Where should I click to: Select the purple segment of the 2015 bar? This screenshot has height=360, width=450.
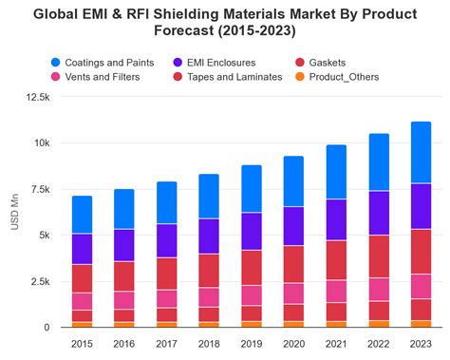pyautogui.click(x=82, y=249)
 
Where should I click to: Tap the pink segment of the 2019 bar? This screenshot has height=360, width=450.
pyautogui.click(x=251, y=295)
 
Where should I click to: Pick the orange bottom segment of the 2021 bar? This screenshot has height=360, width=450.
pyautogui.click(x=336, y=324)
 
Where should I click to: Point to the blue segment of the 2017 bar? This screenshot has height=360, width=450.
pyautogui.click(x=166, y=202)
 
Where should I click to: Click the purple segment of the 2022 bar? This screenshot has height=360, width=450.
pyautogui.click(x=379, y=213)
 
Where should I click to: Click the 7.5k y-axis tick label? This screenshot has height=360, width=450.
pyautogui.click(x=38, y=189)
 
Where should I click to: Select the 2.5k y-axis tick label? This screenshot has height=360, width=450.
pyautogui.click(x=38, y=281)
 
